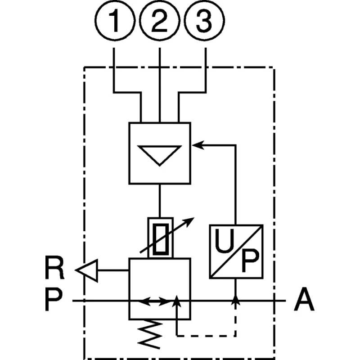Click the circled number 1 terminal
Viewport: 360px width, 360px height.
[115, 21]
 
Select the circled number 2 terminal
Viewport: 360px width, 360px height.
[160, 21]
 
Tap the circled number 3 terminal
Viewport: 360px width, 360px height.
[204, 21]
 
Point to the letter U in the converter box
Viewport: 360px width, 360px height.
[224, 241]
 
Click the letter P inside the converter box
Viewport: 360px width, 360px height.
[250, 261]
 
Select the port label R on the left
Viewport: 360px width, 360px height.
[54, 267]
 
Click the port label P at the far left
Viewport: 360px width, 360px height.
[53, 300]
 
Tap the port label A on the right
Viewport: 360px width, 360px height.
[304, 299]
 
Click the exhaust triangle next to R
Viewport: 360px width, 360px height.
[87, 270]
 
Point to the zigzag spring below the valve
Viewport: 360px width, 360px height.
[150, 334]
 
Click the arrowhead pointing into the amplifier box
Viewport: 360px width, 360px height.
[198, 145]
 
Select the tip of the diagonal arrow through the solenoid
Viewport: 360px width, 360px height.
[194, 218]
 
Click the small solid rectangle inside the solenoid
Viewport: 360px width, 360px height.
[161, 239]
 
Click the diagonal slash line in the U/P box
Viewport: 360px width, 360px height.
[236, 252]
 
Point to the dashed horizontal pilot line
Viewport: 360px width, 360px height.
[206, 336]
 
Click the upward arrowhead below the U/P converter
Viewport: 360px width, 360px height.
[235, 300]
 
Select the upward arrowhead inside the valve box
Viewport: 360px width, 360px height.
[176, 301]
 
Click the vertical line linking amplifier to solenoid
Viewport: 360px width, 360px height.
[160, 201]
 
